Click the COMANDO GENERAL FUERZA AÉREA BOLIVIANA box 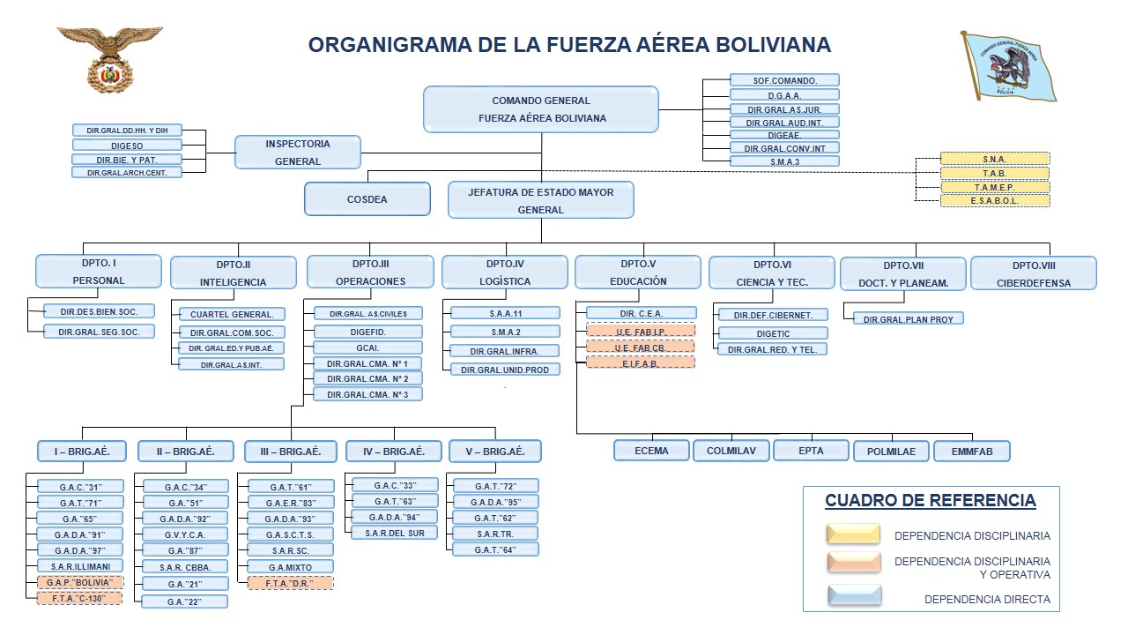(541, 109)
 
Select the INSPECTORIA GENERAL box (298, 152)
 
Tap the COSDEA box (367, 199)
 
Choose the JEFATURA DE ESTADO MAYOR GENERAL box (541, 200)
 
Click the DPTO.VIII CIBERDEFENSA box (1033, 273)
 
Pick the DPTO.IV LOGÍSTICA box (505, 273)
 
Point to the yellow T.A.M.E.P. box (995, 187)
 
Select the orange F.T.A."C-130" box (80, 598)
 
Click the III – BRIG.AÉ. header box (291, 452)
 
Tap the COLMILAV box (731, 451)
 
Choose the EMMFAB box (971, 452)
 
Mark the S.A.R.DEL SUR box (395, 533)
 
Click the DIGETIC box (773, 334)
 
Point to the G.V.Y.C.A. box (183, 534)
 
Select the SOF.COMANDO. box (784, 80)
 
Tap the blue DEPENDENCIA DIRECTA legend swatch (853, 597)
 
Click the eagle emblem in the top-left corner (110, 57)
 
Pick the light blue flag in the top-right (1010, 66)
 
